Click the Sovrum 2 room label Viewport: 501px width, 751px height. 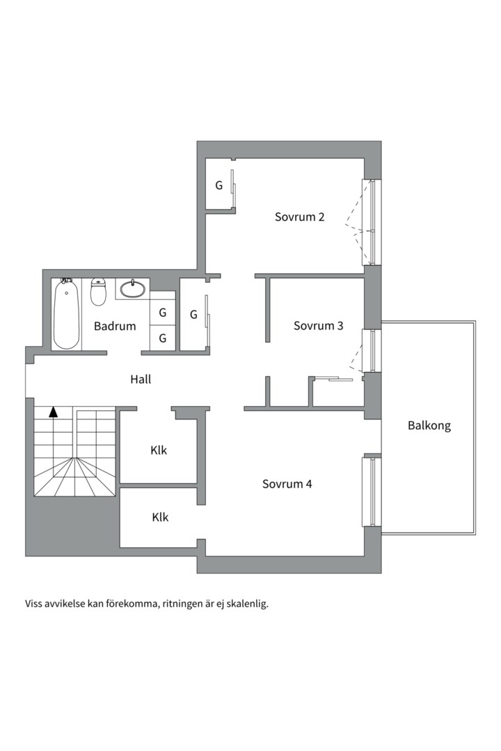[x=299, y=217]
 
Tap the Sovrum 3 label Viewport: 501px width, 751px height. [x=318, y=325]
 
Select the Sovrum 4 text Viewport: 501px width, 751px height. [x=287, y=484]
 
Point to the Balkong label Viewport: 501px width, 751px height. [x=429, y=426]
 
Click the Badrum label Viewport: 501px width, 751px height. [x=115, y=326]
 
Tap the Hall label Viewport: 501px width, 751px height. [x=141, y=380]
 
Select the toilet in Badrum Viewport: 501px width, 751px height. [x=98, y=291]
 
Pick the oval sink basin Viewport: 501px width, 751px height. [x=132, y=289]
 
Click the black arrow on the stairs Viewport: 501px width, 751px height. [x=53, y=412]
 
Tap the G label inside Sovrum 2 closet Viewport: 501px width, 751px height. [x=219, y=186]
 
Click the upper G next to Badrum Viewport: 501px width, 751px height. [x=163, y=313]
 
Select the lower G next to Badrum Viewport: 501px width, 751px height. [x=163, y=338]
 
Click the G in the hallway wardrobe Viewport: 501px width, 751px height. [x=193, y=315]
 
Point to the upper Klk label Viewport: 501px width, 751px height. [x=159, y=450]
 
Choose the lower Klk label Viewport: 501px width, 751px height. [x=160, y=517]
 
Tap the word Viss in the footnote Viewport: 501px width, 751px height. [x=33, y=604]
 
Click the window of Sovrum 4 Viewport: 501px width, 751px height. [x=372, y=492]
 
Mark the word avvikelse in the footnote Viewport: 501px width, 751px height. [x=64, y=604]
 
